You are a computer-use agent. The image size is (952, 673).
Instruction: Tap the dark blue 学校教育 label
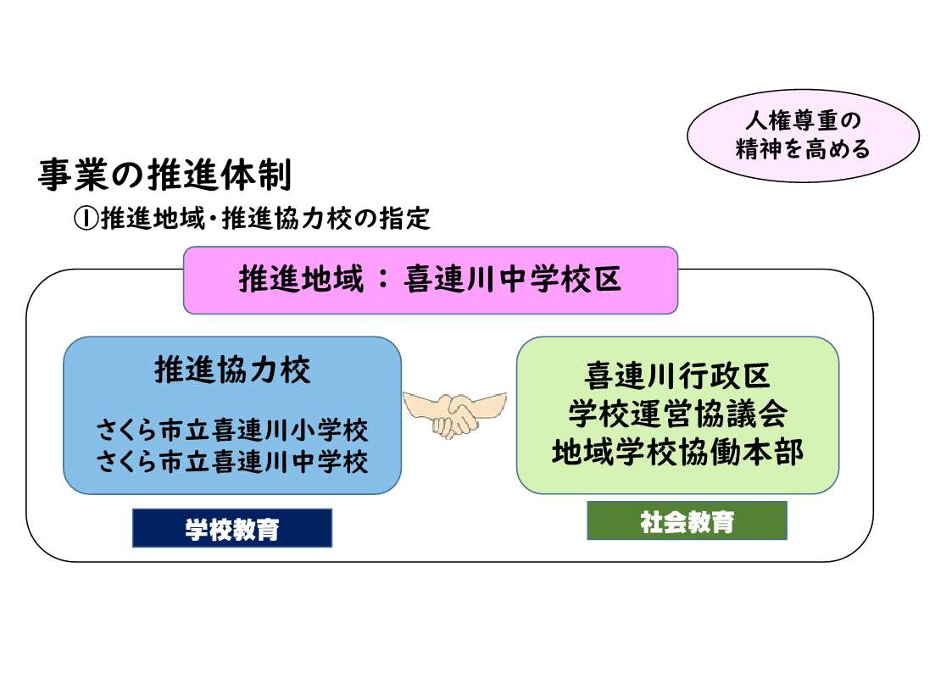pyautogui.click(x=232, y=528)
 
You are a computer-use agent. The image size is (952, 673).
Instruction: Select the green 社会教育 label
pyautogui.click(x=687, y=520)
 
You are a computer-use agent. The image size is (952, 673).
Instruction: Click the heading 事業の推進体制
pyautogui.click(x=165, y=176)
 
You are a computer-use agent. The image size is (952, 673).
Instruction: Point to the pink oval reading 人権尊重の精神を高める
pyautogui.click(x=803, y=136)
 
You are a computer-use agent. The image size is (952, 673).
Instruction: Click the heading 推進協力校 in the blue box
pyautogui.click(x=232, y=371)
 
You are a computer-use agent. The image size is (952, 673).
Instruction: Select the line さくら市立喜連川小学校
pyautogui.click(x=233, y=431)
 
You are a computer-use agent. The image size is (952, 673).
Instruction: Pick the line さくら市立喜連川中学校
pyautogui.click(x=233, y=462)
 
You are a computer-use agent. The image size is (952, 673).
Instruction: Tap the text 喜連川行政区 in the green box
pyautogui.click(x=677, y=375)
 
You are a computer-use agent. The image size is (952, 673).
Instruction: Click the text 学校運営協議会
pyautogui.click(x=677, y=414)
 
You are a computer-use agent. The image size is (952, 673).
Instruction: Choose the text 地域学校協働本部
pyautogui.click(x=677, y=452)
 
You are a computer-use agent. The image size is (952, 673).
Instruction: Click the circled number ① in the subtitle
pyautogui.click(x=86, y=219)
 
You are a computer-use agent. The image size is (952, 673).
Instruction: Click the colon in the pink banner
pyautogui.click(x=383, y=281)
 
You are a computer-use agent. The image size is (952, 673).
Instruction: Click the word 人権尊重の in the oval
pyautogui.click(x=802, y=121)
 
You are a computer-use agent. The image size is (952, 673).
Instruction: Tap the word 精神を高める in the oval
pyautogui.click(x=803, y=150)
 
